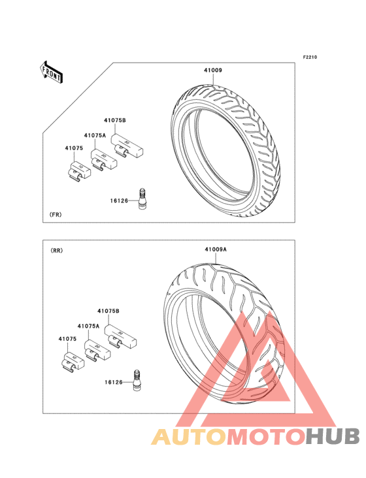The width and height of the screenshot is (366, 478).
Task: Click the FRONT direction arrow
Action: [x=50, y=72]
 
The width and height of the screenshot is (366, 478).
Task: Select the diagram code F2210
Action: [x=310, y=57]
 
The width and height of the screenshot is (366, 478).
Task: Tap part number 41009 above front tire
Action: [x=213, y=70]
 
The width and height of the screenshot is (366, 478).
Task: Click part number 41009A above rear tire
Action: [x=216, y=249]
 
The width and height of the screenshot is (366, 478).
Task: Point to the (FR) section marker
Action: [x=56, y=215]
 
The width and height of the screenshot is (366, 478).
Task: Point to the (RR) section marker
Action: [x=57, y=251]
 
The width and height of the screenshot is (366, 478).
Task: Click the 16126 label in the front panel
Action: [x=119, y=201]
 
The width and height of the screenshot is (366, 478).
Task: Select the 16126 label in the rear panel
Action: [x=114, y=382]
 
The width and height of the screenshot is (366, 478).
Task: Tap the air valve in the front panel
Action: [x=142, y=199]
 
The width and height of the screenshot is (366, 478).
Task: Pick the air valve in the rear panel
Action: [x=137, y=380]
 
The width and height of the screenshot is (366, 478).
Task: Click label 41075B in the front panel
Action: [x=115, y=120]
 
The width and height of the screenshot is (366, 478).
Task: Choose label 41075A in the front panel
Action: [x=95, y=135]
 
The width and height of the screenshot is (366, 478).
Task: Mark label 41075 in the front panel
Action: [x=74, y=148]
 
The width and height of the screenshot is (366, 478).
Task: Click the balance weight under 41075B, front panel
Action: [x=126, y=146]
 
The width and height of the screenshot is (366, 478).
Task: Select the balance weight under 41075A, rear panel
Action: [x=97, y=351]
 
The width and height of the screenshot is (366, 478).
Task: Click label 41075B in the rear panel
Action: [x=108, y=311]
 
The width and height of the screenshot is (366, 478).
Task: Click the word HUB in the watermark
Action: [x=333, y=437]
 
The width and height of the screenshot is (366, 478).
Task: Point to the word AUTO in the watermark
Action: [x=189, y=437]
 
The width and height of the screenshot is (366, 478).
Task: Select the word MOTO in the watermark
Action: [x=266, y=437]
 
